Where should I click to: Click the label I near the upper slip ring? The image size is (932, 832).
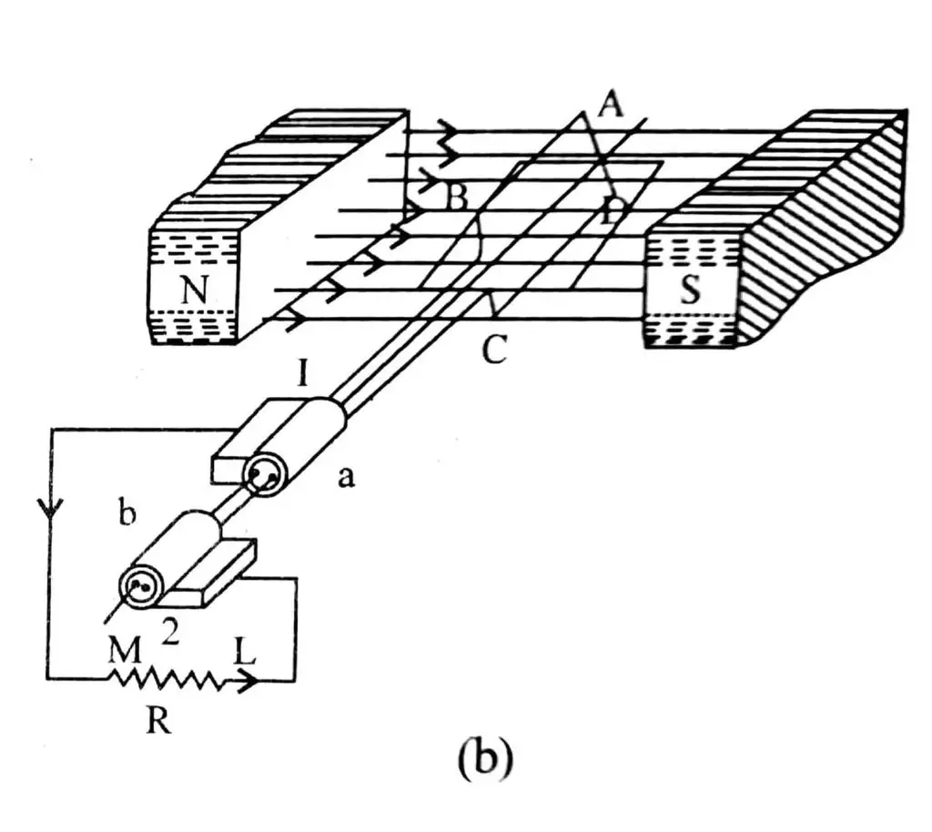coord(307,372)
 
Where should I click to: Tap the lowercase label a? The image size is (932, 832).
coord(345,478)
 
